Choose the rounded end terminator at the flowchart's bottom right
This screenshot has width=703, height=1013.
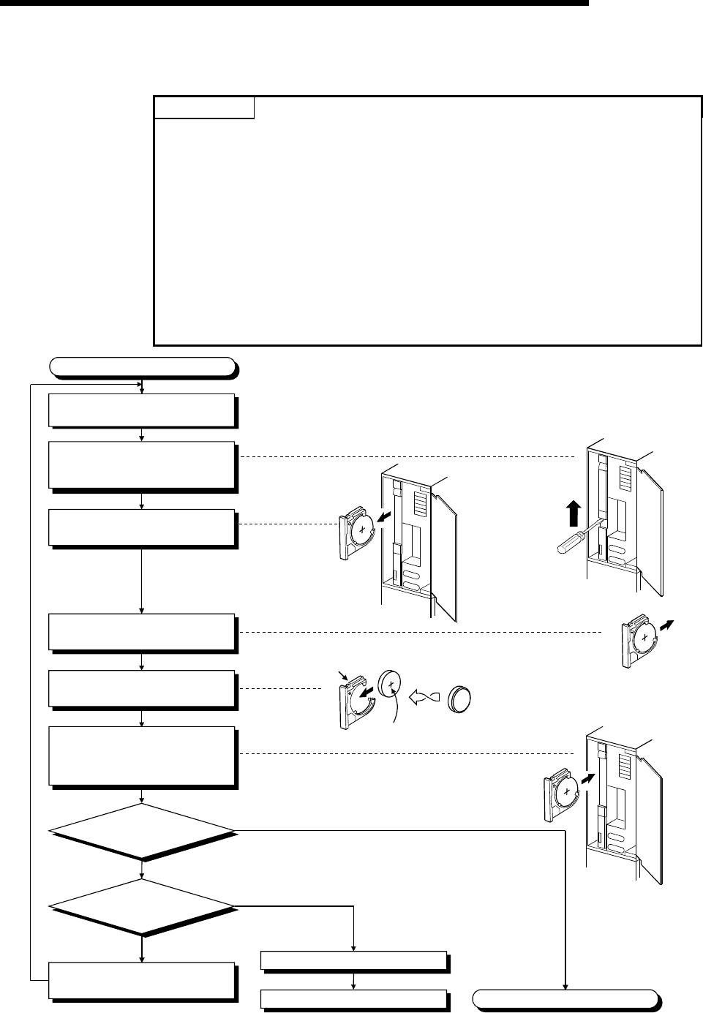coord(565,998)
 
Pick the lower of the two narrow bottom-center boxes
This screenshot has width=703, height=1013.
coord(354,999)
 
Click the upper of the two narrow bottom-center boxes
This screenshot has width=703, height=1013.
coord(354,960)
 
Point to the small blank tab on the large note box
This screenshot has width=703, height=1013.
coord(204,108)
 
